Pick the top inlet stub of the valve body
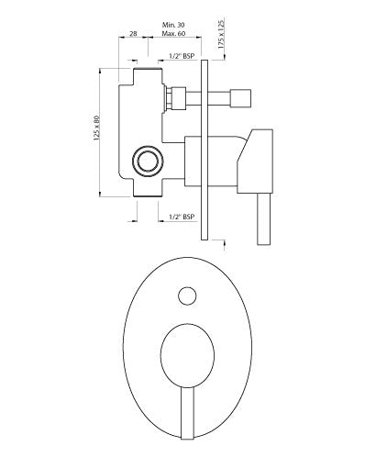(149, 73)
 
